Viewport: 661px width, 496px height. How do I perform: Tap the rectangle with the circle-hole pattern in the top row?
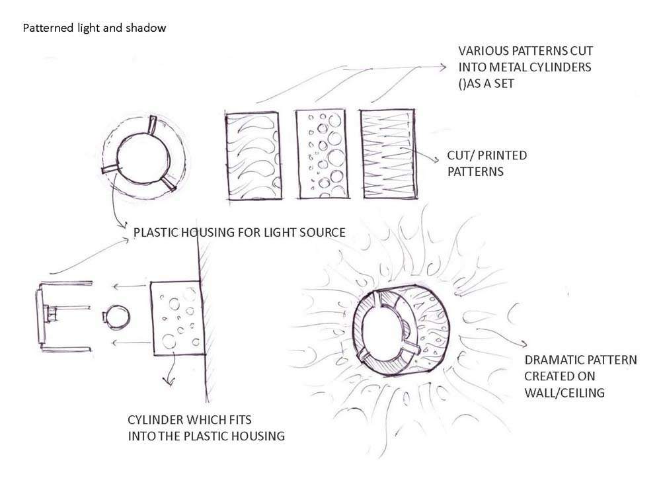tap(321, 154)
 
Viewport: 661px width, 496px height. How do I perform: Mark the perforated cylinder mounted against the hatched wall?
tap(175, 317)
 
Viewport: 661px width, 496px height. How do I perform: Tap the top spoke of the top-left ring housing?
tap(153, 124)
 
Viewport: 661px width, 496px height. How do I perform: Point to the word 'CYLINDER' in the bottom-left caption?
tap(154, 421)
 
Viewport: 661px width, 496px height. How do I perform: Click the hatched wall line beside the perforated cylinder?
tap(205, 317)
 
